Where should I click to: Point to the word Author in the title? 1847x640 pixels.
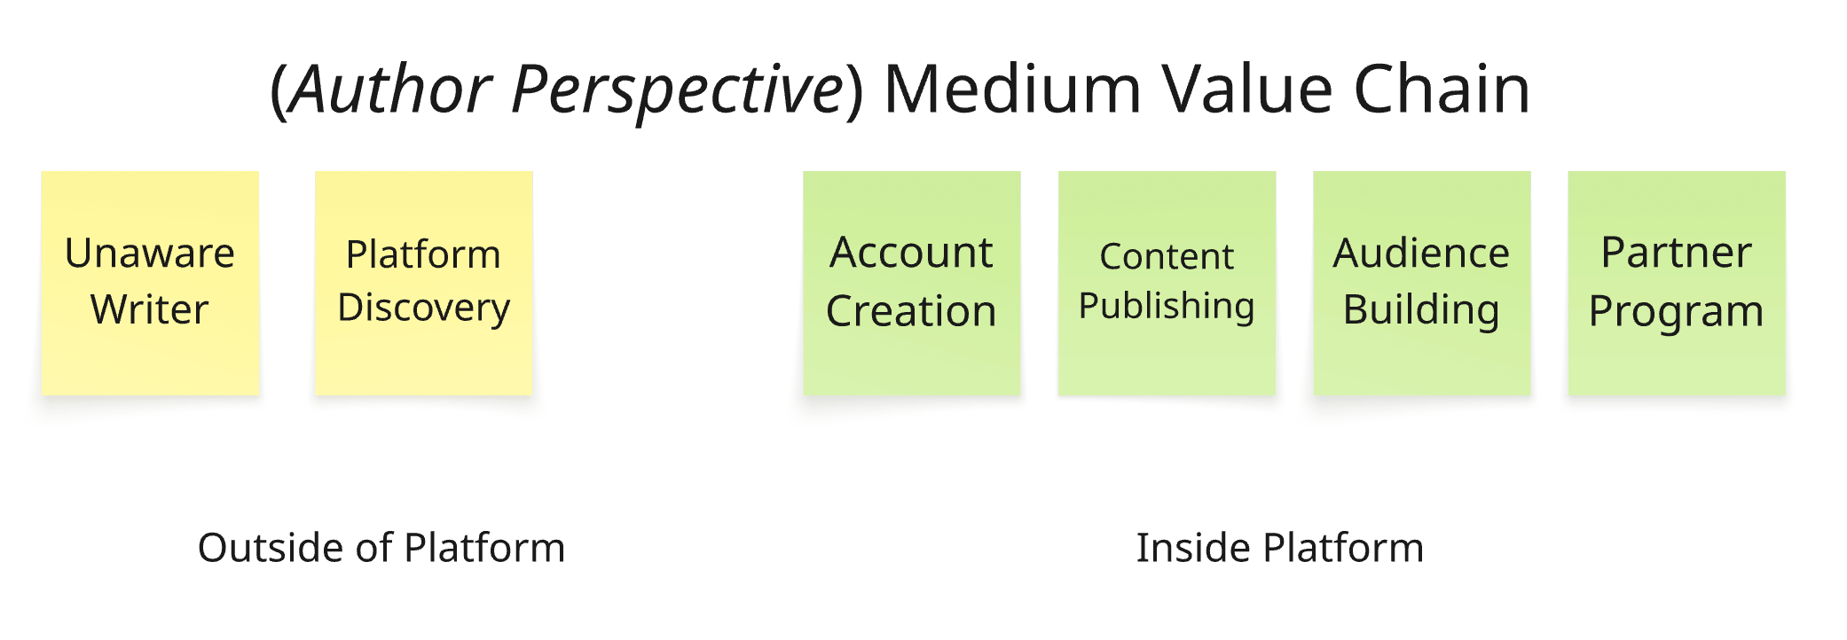point(391,90)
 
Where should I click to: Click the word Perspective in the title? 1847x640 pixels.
point(678,90)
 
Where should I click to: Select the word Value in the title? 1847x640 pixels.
point(1247,90)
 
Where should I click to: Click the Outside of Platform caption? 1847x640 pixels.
point(381,548)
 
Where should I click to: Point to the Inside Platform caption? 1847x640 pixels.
point(1279,548)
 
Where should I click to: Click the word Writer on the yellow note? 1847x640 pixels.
point(150,309)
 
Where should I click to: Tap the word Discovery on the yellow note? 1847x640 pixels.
point(424,308)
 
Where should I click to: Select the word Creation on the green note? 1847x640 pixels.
point(911,311)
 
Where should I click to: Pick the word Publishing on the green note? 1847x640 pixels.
point(1167,307)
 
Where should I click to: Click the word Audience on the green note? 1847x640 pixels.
point(1421,254)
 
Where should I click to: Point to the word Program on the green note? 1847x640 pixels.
point(1676,311)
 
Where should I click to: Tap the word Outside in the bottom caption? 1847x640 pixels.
point(271,548)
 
